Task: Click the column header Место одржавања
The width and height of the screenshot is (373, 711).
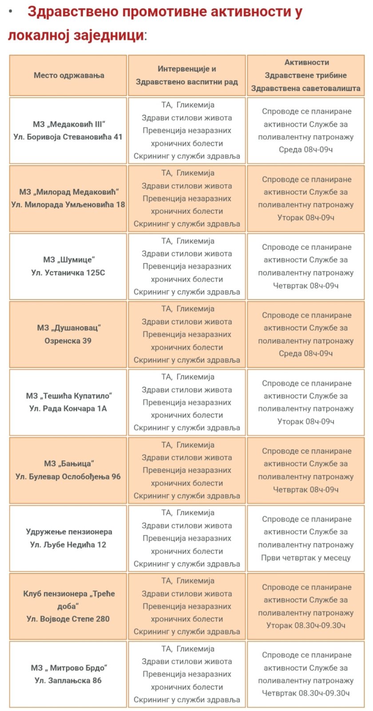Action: tap(69, 76)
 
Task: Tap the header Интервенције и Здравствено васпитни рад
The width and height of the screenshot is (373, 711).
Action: tap(186, 76)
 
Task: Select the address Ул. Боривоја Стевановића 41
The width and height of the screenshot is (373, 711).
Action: tap(68, 137)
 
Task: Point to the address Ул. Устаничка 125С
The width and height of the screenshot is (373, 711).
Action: tap(68, 273)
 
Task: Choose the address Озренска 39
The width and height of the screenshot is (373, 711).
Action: tap(68, 341)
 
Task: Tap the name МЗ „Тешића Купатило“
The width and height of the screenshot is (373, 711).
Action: tap(69, 396)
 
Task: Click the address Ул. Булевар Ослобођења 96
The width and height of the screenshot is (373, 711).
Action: tap(68, 477)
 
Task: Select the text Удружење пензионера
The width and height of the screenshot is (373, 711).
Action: tap(69, 532)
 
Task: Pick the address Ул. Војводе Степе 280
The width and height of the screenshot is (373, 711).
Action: tap(68, 619)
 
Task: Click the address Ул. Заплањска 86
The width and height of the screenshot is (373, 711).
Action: tap(68, 681)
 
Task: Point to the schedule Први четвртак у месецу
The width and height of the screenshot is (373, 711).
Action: tap(306, 558)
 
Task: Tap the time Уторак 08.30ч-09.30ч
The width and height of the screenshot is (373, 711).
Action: tap(306, 626)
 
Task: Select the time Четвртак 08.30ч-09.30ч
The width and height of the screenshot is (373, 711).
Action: tap(306, 693)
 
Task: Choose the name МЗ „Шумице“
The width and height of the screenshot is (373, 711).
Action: tap(69, 260)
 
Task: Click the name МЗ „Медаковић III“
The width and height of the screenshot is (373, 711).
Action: tap(69, 125)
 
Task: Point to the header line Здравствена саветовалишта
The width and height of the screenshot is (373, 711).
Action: tap(306, 88)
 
